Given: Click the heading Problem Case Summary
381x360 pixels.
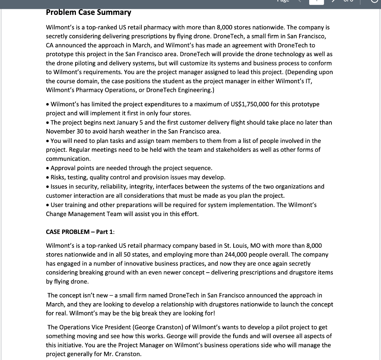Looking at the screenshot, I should [x=88, y=12].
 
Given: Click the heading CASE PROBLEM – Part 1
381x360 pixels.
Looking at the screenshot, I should [x=80, y=232].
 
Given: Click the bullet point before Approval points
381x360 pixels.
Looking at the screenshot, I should [x=48, y=168].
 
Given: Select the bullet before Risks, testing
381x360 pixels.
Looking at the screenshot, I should [x=48, y=177].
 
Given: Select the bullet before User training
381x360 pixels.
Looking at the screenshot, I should [x=48, y=205].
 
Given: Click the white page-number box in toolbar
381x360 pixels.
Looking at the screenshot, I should [x=316, y=1].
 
